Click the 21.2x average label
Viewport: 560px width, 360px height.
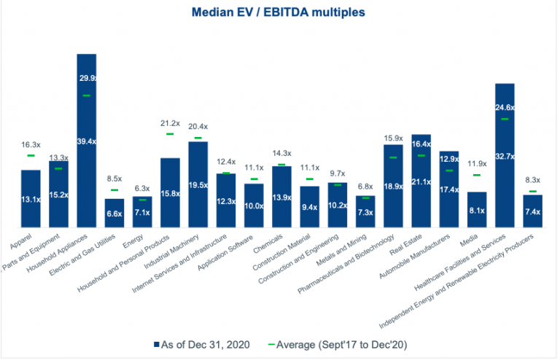170,122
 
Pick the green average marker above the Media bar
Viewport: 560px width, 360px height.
477,175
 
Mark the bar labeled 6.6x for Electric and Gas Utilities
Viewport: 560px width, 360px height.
114,213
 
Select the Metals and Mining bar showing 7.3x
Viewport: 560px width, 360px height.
365,212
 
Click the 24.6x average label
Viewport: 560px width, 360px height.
505,108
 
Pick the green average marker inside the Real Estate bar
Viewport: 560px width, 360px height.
421,155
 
